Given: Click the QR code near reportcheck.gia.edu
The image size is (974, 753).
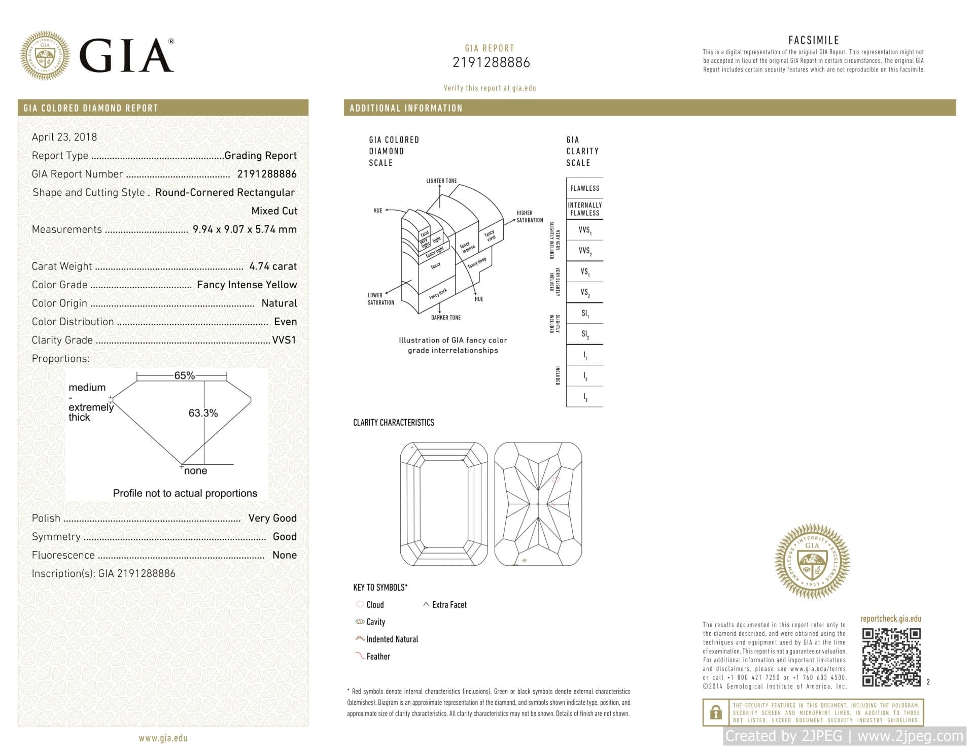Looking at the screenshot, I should click(891, 658).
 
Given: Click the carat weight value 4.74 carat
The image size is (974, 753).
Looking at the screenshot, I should click(273, 266).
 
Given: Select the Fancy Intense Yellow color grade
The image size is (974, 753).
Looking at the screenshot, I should click(247, 285).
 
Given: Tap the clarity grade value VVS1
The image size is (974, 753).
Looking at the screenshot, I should click(284, 340).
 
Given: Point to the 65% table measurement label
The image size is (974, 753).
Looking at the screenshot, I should click(184, 375).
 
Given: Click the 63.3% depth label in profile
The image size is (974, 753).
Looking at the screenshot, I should click(203, 413).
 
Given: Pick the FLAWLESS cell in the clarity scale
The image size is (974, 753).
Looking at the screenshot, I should click(584, 188).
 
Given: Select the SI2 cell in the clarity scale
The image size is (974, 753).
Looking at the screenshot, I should click(585, 334).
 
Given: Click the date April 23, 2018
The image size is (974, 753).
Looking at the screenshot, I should click(64, 137).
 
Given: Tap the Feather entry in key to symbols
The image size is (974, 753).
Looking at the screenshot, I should click(378, 657).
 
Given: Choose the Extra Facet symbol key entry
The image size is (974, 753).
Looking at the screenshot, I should click(449, 605).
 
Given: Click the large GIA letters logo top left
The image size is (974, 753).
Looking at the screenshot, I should click(126, 56).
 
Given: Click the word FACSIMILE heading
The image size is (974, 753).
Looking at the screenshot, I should click(813, 40).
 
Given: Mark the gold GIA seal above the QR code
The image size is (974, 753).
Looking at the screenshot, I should click(812, 561).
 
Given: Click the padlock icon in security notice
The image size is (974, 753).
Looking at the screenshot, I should click(716, 712).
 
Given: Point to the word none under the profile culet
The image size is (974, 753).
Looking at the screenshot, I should click(196, 471).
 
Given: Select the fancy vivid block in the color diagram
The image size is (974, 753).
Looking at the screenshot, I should click(490, 235).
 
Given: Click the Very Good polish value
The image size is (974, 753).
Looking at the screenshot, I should click(272, 518).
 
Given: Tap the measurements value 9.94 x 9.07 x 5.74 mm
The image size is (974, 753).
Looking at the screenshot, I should click(245, 229).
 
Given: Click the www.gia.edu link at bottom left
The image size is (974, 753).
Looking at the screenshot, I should click(163, 738).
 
